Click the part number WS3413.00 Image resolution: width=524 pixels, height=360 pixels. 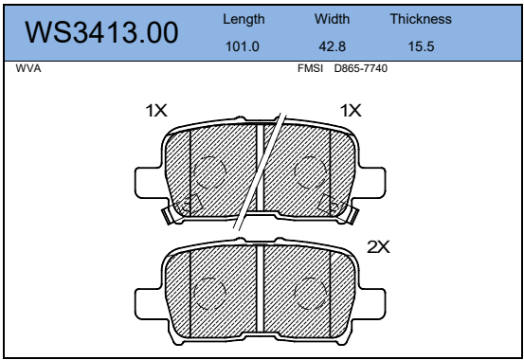(101, 33)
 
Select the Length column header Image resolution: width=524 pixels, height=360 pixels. (244, 19)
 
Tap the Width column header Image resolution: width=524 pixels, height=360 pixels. (332, 19)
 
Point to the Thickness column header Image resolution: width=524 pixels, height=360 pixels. (421, 19)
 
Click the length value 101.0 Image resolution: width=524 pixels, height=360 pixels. (243, 46)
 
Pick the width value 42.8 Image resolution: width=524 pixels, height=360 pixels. (332, 46)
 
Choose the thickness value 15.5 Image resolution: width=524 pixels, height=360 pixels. (421, 46)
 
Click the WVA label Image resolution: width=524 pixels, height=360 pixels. (28, 68)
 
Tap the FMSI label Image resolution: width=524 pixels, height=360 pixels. (310, 68)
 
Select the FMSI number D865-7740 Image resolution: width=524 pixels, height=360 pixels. (361, 68)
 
